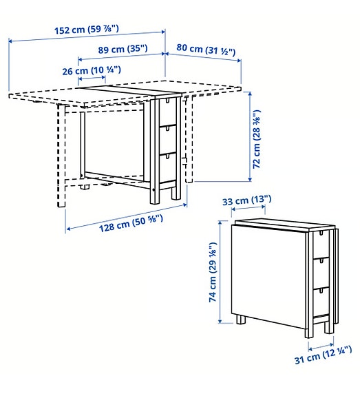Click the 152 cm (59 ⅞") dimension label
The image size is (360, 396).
(x=87, y=30)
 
